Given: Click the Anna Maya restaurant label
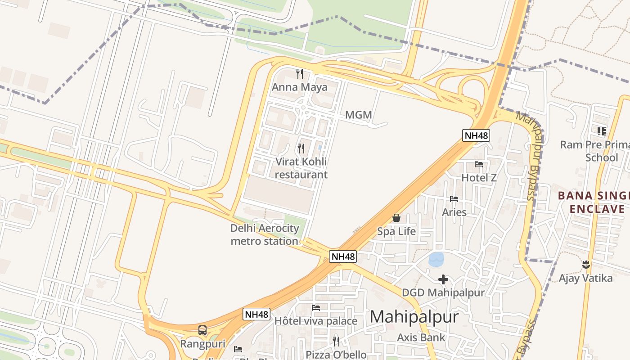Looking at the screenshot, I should pyautogui.click(x=299, y=87).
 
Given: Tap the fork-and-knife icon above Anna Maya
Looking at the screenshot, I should pyautogui.click(x=299, y=73).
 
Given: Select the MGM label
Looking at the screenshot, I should pyautogui.click(x=358, y=115).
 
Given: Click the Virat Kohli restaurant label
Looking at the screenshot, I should pyautogui.click(x=301, y=168).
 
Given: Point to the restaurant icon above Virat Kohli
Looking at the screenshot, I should pyautogui.click(x=301, y=148).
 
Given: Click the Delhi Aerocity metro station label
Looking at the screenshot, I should pyautogui.click(x=265, y=234).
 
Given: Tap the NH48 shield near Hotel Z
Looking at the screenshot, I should pyautogui.click(x=476, y=135).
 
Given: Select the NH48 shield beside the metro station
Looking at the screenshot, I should pyautogui.click(x=343, y=256).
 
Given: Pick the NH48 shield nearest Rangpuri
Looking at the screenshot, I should pyautogui.click(x=257, y=314).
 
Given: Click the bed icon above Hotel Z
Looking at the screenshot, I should pyautogui.click(x=479, y=164).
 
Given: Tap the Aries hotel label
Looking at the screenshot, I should pyautogui.click(x=454, y=212).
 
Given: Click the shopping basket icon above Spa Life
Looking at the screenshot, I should pyautogui.click(x=396, y=218).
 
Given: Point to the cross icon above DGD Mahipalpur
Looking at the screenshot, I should pyautogui.click(x=443, y=279).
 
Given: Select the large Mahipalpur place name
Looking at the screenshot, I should pyautogui.click(x=414, y=317).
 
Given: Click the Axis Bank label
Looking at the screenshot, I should pyautogui.click(x=421, y=337).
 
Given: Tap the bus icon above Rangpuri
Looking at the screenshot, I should pyautogui.click(x=202, y=330).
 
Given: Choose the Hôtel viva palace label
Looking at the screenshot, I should pyautogui.click(x=316, y=321).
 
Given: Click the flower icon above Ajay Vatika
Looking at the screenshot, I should pyautogui.click(x=585, y=264).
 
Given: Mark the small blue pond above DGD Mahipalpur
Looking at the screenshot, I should pyautogui.click(x=436, y=259).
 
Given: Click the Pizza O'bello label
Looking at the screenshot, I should pyautogui.click(x=336, y=355).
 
